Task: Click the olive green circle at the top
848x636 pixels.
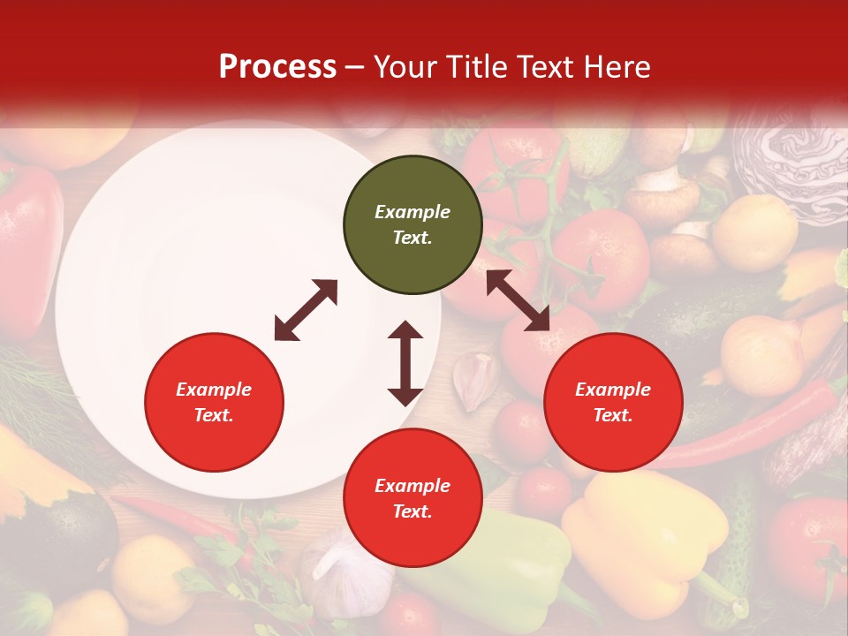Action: tap(413, 225)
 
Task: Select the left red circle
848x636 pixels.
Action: tap(214, 402)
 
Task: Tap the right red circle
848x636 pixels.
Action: tap(613, 402)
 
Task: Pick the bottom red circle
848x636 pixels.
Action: tap(413, 498)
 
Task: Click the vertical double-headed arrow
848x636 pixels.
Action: tap(405, 363)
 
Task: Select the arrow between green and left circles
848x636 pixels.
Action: tap(306, 310)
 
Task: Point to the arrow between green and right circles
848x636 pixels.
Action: tap(519, 300)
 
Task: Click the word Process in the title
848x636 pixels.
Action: tap(277, 66)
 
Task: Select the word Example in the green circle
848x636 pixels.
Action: tap(413, 212)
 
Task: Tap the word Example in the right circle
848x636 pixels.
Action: tap(613, 390)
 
